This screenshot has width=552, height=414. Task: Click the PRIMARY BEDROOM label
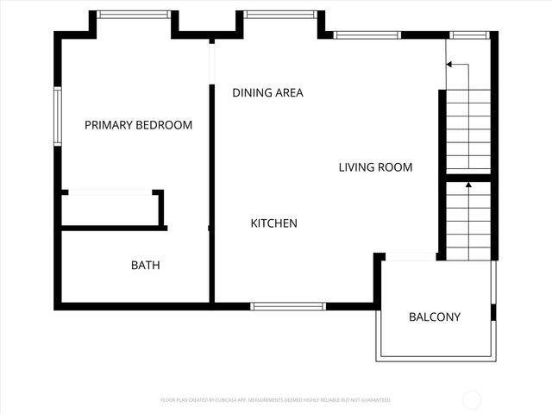(x=138, y=125)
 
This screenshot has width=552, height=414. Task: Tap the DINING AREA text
(x=267, y=92)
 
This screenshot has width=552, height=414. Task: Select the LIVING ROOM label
(x=375, y=167)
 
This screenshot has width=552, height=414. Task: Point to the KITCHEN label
(x=273, y=223)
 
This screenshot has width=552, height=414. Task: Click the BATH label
(x=145, y=265)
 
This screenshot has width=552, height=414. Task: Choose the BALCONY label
(x=434, y=317)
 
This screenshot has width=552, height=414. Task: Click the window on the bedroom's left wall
(x=58, y=116)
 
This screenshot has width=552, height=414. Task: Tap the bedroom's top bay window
(x=133, y=14)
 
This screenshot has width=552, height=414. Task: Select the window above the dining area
(x=279, y=14)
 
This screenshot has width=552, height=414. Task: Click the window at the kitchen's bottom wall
(x=288, y=305)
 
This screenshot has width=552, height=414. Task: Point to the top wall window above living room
(x=367, y=34)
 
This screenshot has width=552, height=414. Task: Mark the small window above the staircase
(x=468, y=34)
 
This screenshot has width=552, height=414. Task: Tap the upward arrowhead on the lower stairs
(x=468, y=184)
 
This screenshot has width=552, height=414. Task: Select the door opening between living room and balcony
(x=411, y=256)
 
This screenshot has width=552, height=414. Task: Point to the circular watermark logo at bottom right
(x=473, y=399)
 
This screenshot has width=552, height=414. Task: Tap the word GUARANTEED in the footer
(x=375, y=400)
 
